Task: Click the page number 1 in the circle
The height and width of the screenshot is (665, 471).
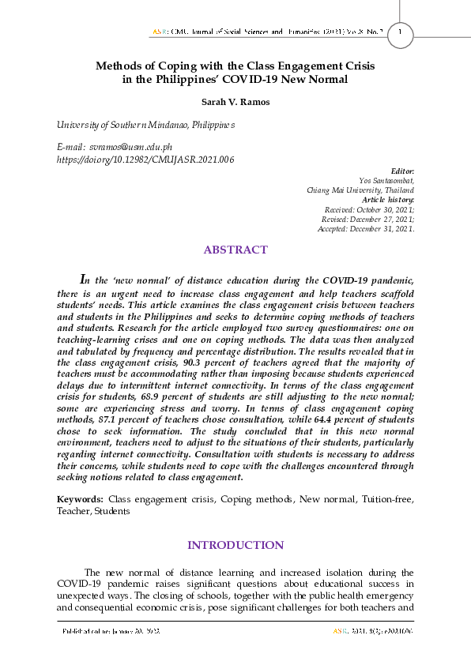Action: pyautogui.click(x=401, y=32)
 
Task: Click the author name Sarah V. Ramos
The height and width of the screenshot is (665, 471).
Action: pyautogui.click(x=235, y=102)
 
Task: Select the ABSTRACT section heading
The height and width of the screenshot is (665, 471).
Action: pyautogui.click(x=236, y=250)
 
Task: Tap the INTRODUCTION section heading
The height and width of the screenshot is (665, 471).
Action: pyautogui.click(x=235, y=545)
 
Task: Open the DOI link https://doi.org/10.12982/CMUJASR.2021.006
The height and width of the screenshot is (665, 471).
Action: pyautogui.click(x=145, y=159)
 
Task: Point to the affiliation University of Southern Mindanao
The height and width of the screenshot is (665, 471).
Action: pyautogui.click(x=145, y=126)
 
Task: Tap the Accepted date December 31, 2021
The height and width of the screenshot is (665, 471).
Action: pyautogui.click(x=387, y=228)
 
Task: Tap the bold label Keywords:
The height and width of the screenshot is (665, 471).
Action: pyautogui.click(x=80, y=500)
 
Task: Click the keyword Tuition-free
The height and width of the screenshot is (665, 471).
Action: pyautogui.click(x=390, y=500)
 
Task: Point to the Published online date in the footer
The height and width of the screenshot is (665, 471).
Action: pyautogui.click(x=111, y=632)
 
